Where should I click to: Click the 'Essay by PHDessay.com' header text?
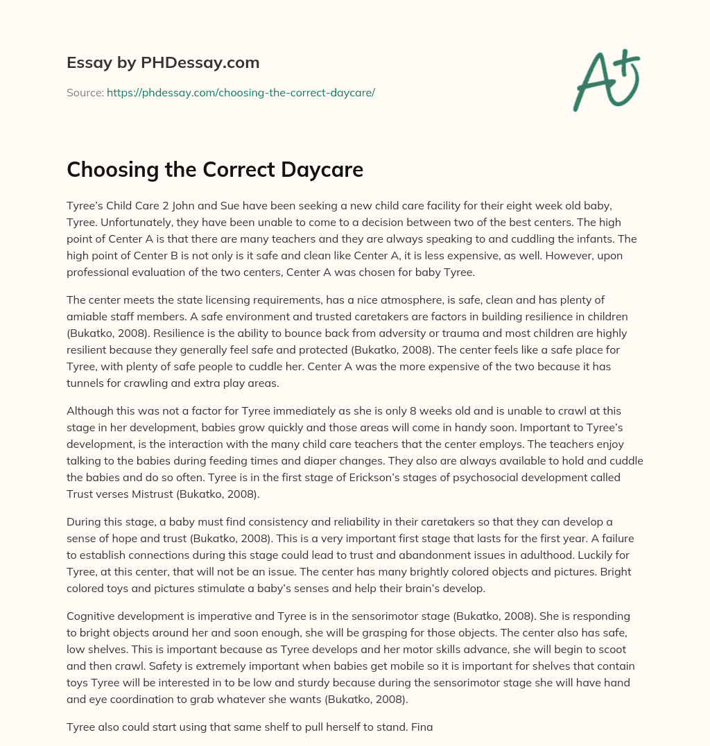163,63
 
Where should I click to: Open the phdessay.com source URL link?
241,92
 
